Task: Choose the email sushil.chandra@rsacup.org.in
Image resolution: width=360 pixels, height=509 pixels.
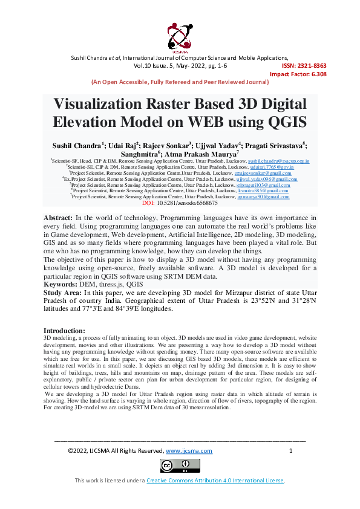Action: (x=278, y=161)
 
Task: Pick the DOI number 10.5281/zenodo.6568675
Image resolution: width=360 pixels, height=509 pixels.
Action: (x=187, y=203)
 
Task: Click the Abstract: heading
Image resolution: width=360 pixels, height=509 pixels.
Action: (x=59, y=217)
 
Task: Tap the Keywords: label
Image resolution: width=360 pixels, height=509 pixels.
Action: (x=63, y=283)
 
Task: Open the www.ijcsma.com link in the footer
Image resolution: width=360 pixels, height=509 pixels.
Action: (x=189, y=450)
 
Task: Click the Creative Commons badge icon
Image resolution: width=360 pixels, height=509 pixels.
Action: (x=180, y=465)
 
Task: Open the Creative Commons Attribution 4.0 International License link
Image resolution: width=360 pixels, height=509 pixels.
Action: (x=215, y=480)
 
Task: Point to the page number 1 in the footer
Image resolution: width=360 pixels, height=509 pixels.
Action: (x=291, y=450)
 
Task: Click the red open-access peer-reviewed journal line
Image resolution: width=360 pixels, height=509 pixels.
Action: (x=179, y=82)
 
